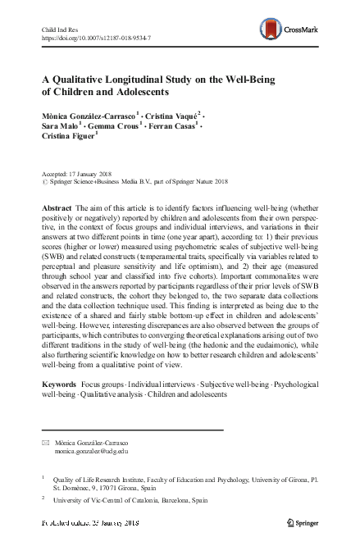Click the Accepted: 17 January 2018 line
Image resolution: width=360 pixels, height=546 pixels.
80,175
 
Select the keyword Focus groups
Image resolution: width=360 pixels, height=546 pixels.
106,384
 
